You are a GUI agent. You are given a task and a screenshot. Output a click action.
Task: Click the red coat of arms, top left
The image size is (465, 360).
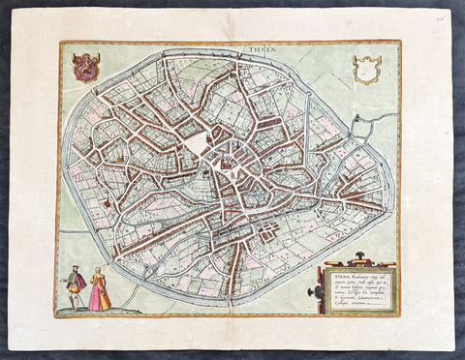click(x=85, y=66)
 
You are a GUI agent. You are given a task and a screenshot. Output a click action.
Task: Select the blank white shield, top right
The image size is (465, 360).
click(x=366, y=69)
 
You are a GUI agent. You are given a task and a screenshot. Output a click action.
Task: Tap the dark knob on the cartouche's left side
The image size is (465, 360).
click(x=312, y=293)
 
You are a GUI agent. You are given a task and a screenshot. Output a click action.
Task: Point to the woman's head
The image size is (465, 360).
click(x=97, y=272)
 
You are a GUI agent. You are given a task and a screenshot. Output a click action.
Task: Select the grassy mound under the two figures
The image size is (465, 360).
click(x=87, y=310)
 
